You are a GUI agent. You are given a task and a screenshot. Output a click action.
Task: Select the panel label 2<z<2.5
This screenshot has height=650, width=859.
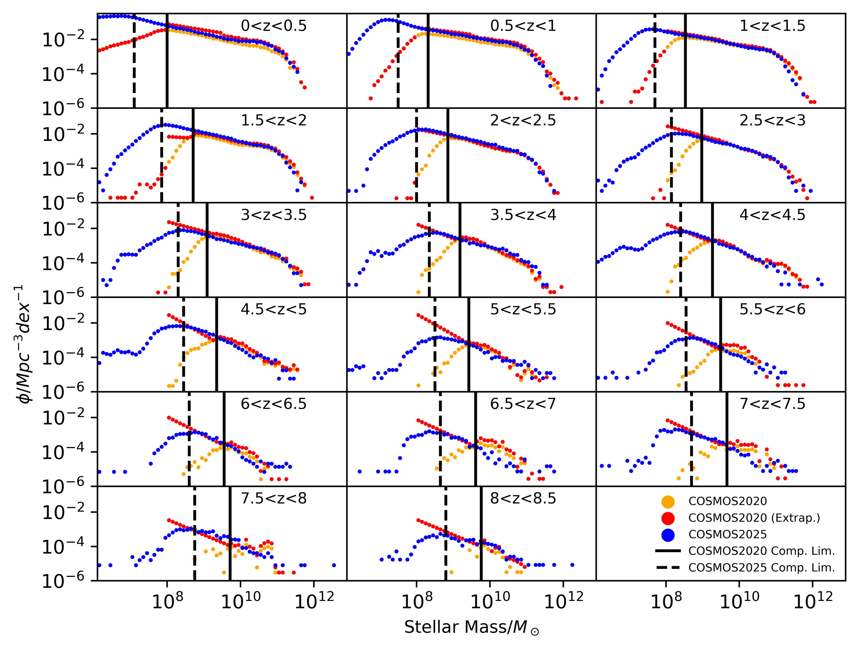[x=523, y=120]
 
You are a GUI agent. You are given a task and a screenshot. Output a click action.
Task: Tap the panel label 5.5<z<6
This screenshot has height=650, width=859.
[x=772, y=309]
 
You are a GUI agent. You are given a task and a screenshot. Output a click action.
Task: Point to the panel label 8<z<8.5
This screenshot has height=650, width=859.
[x=523, y=498]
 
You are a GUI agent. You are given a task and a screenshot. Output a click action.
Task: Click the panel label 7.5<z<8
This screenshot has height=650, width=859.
[x=273, y=498]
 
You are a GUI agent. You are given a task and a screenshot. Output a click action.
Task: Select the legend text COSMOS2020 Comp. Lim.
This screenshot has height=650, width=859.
[x=761, y=551]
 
